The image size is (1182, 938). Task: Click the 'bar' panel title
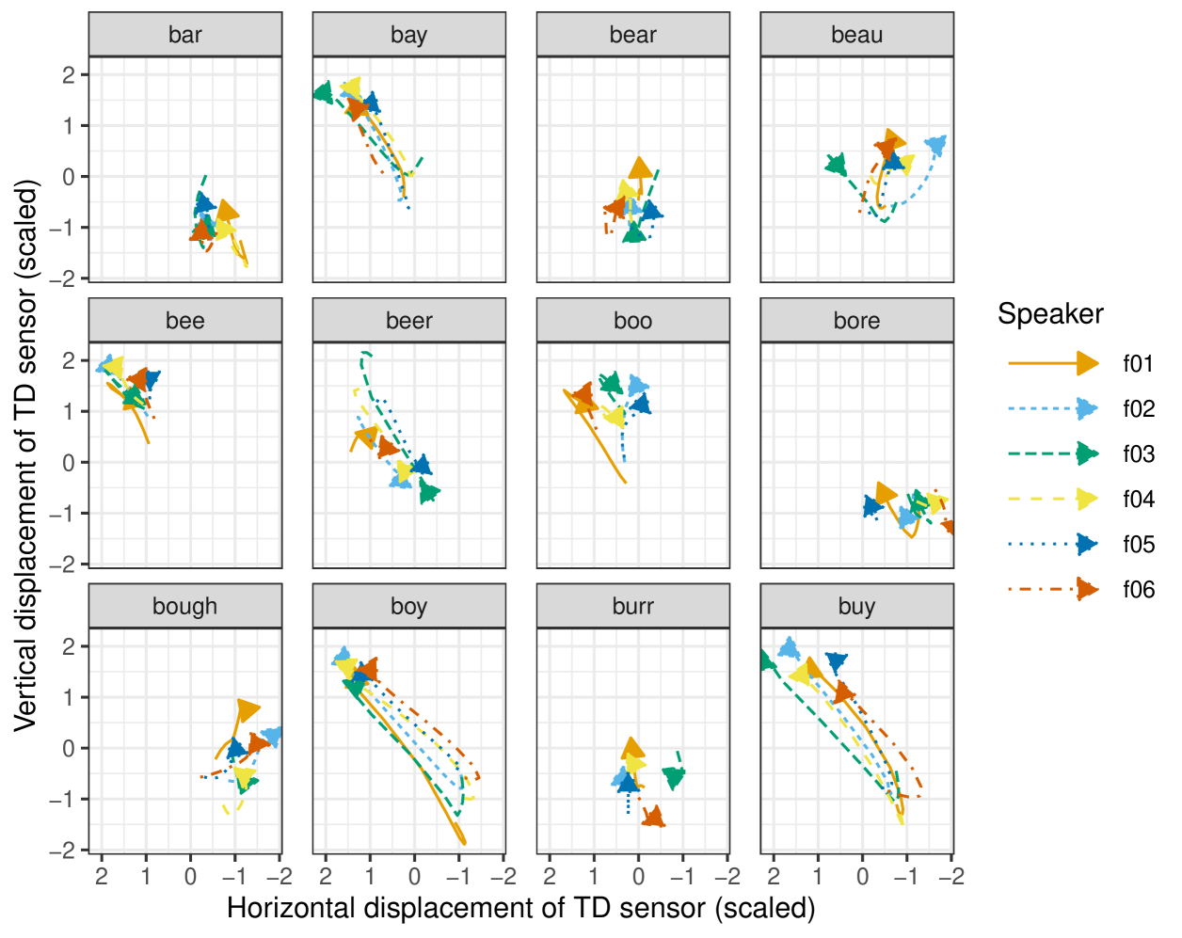[x=184, y=35]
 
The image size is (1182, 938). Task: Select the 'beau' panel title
[x=856, y=35]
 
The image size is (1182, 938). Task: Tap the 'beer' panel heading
[x=408, y=321]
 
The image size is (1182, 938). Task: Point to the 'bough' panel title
[x=184, y=607]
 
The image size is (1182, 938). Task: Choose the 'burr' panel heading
[x=632, y=607]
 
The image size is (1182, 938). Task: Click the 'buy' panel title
[x=856, y=607]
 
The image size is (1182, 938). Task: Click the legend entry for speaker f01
[x=1138, y=364]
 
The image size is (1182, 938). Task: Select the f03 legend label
[x=1138, y=454]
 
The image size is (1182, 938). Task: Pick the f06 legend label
[x=1138, y=590]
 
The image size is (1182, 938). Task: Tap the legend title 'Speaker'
[x=1050, y=314]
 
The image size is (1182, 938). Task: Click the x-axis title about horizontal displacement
[x=520, y=909]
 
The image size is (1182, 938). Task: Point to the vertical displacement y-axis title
[x=26, y=454]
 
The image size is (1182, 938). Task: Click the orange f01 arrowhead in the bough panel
[x=248, y=709]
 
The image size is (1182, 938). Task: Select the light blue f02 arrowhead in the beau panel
[x=935, y=145]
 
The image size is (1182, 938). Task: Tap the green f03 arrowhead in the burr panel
[x=674, y=776]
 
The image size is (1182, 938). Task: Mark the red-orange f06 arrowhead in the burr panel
[x=653, y=818]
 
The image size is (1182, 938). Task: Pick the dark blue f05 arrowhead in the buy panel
[x=836, y=662]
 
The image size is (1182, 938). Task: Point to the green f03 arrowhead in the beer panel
[x=429, y=491]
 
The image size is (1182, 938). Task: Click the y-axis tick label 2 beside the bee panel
[x=69, y=360]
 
